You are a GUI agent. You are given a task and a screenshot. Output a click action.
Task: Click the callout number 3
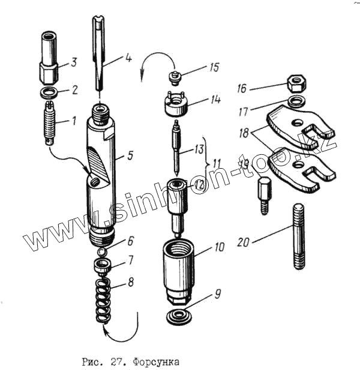pyautogui.click(x=74, y=61)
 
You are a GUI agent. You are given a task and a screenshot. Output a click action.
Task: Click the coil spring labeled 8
pyautogui.click(x=104, y=297)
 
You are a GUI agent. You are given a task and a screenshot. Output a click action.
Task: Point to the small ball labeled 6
pyautogui.click(x=102, y=250)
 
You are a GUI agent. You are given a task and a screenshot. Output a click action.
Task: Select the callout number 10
pyautogui.click(x=218, y=247)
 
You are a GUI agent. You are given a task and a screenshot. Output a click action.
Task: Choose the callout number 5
pyautogui.click(x=130, y=156)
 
